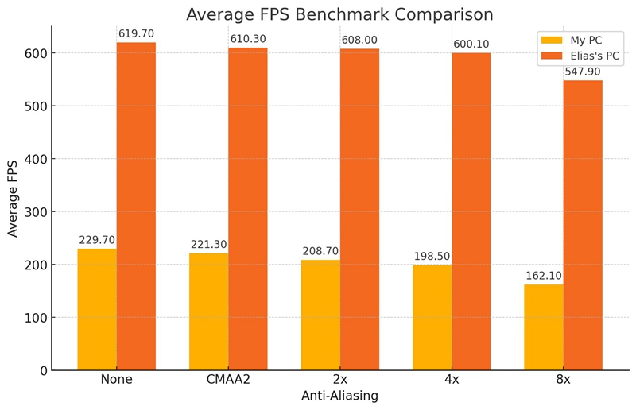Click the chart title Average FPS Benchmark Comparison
click(339, 14)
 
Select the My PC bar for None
click(97, 310)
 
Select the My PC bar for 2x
click(320, 315)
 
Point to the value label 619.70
click(137, 34)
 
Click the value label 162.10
click(544, 276)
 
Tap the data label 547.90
click(583, 72)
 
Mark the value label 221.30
click(208, 245)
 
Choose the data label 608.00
click(360, 40)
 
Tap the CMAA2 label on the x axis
click(228, 380)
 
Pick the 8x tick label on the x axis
click(563, 380)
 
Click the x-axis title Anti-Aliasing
click(339, 396)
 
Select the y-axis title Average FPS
click(14, 198)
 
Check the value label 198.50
click(432, 257)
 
